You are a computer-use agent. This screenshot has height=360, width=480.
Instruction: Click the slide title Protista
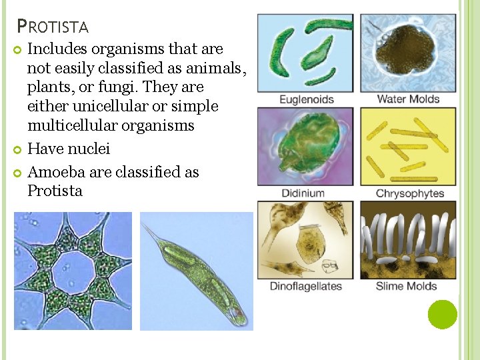point(53,27)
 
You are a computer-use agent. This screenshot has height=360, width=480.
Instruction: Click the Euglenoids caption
point(306,100)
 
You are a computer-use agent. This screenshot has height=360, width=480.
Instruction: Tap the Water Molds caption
point(408,99)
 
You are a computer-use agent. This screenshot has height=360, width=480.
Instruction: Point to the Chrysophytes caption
point(410,194)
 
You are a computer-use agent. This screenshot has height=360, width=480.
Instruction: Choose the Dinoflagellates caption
point(305,287)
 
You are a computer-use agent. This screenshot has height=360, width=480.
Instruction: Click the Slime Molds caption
point(406,287)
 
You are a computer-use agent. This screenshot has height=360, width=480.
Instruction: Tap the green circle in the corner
point(442,314)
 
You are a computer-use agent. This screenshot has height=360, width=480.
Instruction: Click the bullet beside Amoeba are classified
point(18,173)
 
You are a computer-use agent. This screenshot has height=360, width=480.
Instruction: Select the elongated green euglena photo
point(197,271)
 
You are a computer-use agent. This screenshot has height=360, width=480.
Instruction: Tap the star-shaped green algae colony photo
point(73,271)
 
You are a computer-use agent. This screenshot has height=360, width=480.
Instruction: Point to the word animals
point(216,68)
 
